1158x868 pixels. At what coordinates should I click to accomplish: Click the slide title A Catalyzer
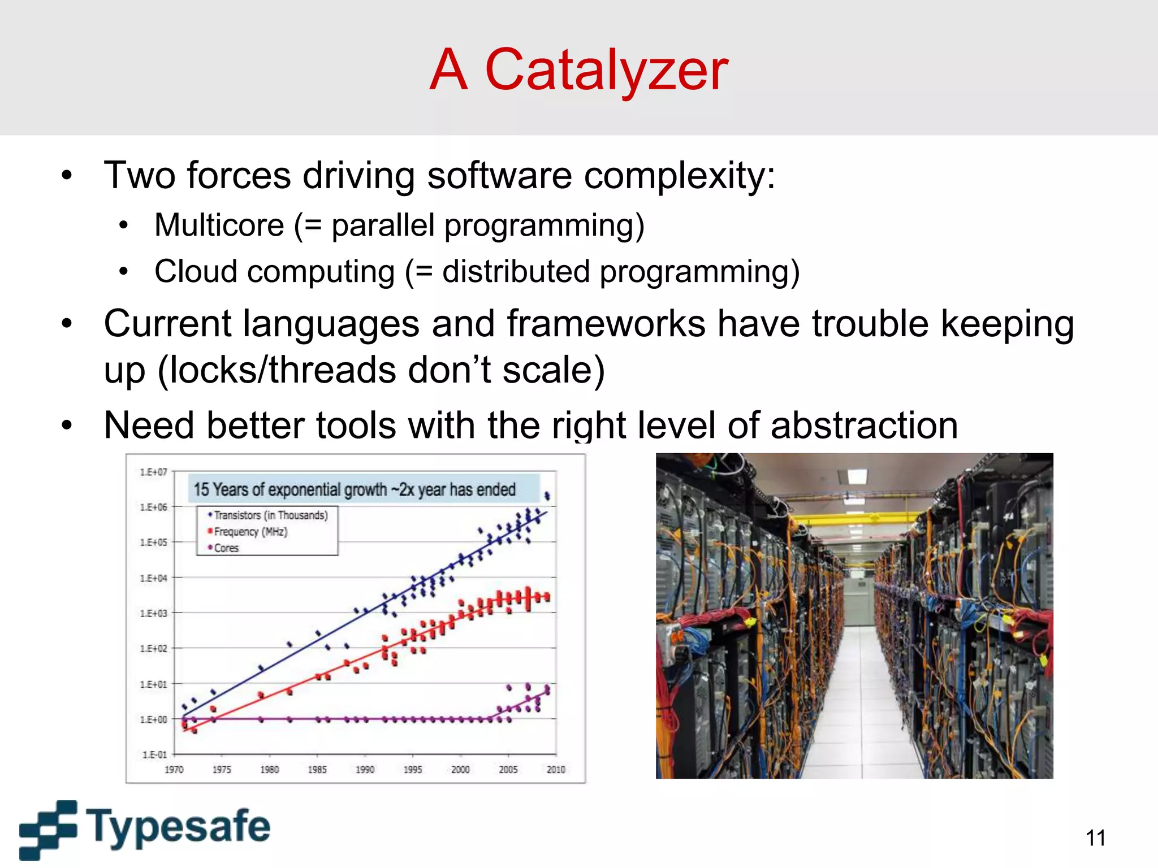coord(578,70)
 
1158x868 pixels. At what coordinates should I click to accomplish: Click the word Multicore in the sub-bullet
coord(219,225)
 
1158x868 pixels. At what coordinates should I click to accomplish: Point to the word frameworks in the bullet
coord(606,324)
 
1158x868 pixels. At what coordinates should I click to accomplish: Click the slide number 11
coord(1095,838)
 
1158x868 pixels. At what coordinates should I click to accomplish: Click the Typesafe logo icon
coord(48,829)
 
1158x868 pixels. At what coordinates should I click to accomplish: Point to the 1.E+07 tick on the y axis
coord(153,472)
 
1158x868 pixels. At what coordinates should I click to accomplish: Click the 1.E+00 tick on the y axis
coord(153,719)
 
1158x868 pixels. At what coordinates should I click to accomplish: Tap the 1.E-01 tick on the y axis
coord(154,755)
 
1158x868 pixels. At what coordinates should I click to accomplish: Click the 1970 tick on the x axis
coord(174,770)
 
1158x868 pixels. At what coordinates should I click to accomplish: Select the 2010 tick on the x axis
coord(556,770)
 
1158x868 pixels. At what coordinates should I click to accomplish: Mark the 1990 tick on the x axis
coord(365,770)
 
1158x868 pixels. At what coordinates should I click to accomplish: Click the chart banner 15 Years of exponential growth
coord(355,489)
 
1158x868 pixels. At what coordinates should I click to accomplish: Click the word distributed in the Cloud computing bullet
coord(516,272)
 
